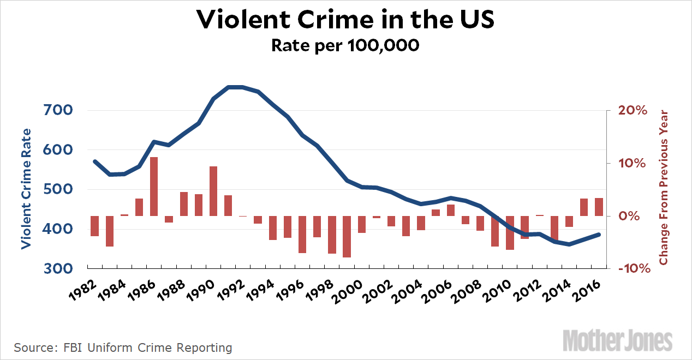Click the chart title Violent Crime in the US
click(x=345, y=20)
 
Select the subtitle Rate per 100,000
click(x=345, y=45)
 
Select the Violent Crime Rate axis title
click(x=26, y=189)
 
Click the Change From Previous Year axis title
click(x=664, y=188)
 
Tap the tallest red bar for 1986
click(x=154, y=187)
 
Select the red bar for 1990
click(x=213, y=191)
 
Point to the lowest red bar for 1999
click(x=347, y=236)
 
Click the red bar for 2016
click(x=599, y=207)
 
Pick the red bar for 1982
click(x=94, y=226)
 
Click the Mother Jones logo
click(x=617, y=340)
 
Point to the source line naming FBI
click(x=123, y=347)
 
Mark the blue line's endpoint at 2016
click(x=599, y=235)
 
